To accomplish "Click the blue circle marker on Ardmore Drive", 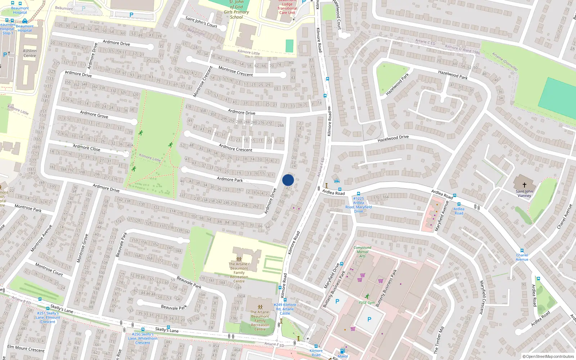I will (288, 180).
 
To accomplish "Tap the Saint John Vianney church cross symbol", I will (524, 185).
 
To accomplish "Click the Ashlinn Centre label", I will (30, 53).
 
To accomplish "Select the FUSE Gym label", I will (366, 303).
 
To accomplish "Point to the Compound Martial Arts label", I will (362, 252).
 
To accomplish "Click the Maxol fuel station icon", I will (342, 351).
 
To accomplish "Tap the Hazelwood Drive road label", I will (393, 138).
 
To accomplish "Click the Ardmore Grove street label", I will (94, 114).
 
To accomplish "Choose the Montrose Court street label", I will (49, 269).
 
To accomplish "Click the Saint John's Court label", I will (201, 22).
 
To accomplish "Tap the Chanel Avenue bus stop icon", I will (522, 251).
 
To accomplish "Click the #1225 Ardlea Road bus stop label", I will (359, 205).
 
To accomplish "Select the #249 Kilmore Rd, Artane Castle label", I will (285, 309).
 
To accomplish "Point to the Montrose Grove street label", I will (82, 248).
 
